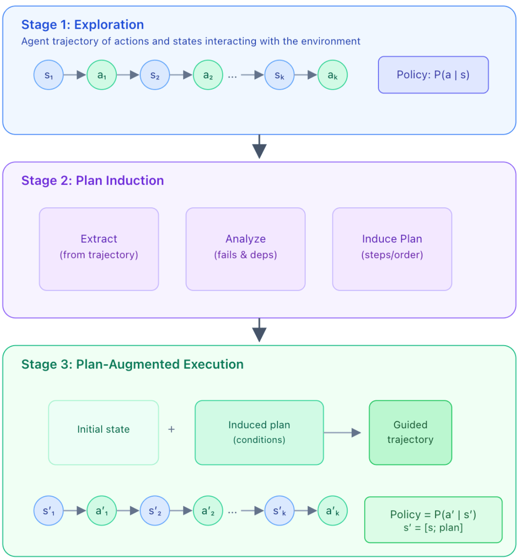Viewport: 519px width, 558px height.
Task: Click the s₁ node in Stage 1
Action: point(48,75)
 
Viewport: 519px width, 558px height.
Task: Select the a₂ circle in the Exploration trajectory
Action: point(208,75)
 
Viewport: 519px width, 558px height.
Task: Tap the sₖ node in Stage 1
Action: point(280,75)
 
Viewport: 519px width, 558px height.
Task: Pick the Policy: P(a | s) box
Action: point(433,75)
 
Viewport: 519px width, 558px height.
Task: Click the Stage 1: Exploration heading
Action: point(83,25)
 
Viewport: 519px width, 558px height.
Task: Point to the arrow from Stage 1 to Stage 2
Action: point(259,147)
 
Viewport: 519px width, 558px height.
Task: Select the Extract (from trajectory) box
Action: point(99,249)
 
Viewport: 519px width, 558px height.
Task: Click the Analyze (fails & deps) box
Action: point(246,249)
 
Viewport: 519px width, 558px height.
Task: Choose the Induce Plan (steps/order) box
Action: point(392,249)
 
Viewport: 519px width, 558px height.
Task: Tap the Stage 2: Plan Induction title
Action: point(93,180)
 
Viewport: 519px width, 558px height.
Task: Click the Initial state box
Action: point(103,432)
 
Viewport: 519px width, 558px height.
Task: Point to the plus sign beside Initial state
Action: point(171,429)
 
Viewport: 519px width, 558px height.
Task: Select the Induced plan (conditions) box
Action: point(259,432)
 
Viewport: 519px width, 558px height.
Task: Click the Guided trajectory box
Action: point(410,432)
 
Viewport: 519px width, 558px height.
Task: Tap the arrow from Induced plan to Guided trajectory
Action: point(342,433)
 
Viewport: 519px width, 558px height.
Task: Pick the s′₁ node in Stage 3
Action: point(48,511)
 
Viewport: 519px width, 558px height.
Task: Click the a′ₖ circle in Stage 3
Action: point(332,511)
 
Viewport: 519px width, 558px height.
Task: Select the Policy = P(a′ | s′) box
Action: point(433,519)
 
